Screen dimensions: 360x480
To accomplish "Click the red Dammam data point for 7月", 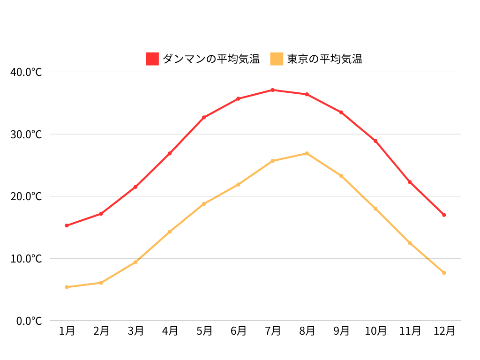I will pyautogui.click(x=272, y=90).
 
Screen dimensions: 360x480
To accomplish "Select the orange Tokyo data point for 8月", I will pyautogui.click(x=307, y=153).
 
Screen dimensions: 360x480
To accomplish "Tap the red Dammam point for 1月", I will pyautogui.click(x=67, y=225).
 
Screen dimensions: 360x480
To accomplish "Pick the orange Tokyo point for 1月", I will pyautogui.click(x=67, y=287).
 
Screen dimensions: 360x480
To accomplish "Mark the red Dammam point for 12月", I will pyautogui.click(x=444, y=215).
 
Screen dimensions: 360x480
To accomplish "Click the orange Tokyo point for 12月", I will pyautogui.click(x=444, y=273).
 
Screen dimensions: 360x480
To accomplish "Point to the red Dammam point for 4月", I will pyautogui.click(x=170, y=153).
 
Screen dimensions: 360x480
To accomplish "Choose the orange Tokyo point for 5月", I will pyautogui.click(x=204, y=204).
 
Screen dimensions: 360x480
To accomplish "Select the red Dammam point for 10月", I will pyautogui.click(x=375, y=141).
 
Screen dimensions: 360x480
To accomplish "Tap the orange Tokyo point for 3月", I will pyautogui.click(x=135, y=262).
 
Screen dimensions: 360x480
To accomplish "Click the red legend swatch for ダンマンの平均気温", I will pyautogui.click(x=152, y=59).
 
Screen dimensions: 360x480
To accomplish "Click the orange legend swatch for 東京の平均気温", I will pyautogui.click(x=277, y=59).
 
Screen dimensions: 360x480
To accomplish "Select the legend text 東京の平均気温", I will pyautogui.click(x=325, y=59).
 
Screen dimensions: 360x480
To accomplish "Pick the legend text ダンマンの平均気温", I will pyautogui.click(x=211, y=59).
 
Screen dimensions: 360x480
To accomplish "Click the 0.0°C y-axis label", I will pyautogui.click(x=29, y=321).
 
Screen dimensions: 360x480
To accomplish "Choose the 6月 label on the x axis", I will pyautogui.click(x=238, y=331).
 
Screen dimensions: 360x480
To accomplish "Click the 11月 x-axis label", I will pyautogui.click(x=410, y=331).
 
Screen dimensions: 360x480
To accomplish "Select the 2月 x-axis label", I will pyautogui.click(x=101, y=331).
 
